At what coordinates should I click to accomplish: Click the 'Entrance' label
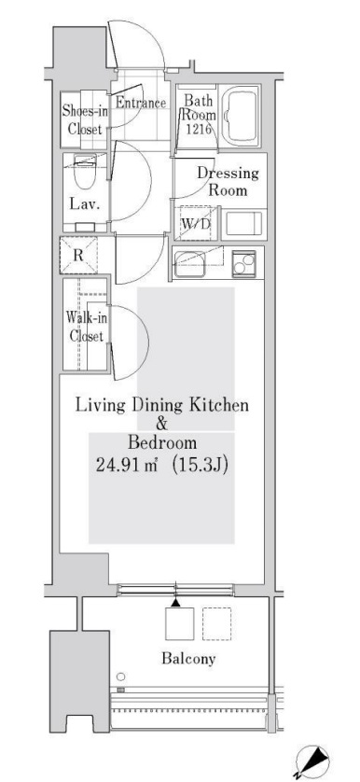tap(141, 104)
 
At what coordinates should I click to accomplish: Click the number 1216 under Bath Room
tap(197, 130)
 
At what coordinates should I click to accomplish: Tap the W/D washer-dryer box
tap(195, 223)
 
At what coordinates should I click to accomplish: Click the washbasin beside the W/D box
tap(241, 224)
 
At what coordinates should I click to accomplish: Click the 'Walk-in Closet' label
tap(85, 327)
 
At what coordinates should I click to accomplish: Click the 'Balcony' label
tap(188, 659)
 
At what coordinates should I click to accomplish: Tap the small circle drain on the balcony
tap(120, 677)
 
